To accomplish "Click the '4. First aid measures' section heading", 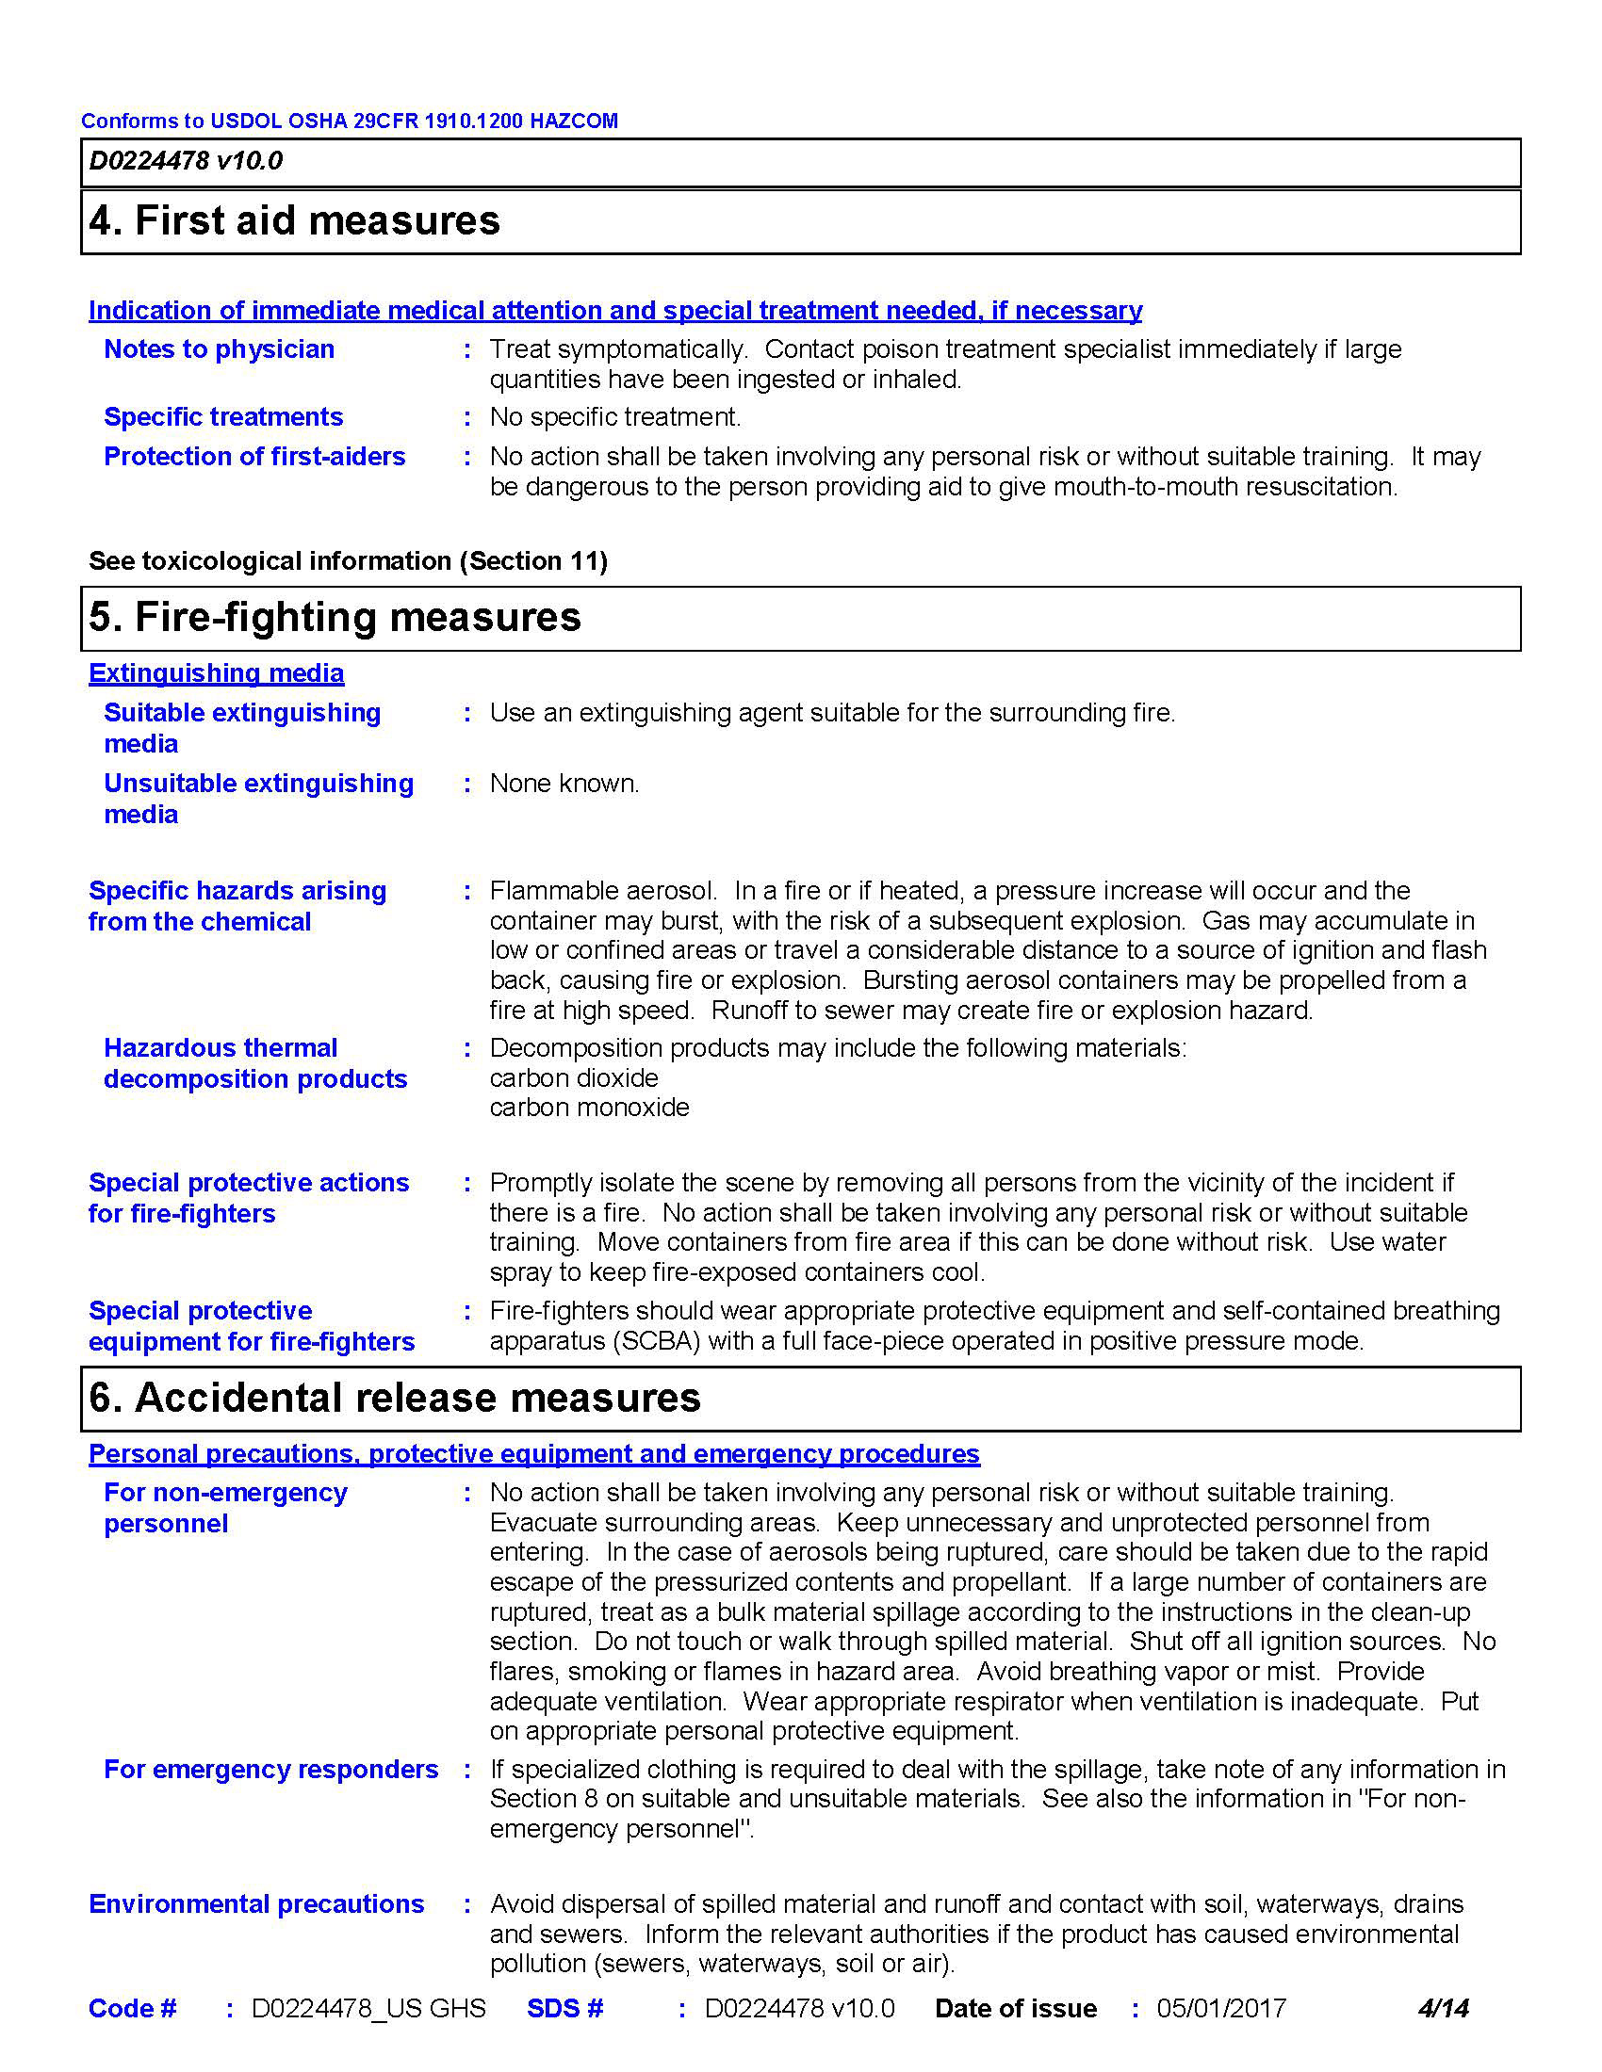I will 294,221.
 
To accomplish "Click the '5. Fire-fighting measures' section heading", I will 335,618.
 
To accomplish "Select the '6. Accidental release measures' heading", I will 394,1399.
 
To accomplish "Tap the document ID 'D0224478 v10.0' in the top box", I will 186,161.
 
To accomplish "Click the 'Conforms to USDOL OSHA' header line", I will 350,121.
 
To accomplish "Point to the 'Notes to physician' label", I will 220,349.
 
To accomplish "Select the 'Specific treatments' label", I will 223,417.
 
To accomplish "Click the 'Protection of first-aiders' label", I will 254,457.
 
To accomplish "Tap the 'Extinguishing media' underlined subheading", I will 217,673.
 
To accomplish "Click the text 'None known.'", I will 564,784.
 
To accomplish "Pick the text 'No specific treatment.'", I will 615,417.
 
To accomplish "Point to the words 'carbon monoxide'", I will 589,1109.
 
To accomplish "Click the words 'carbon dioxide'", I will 574,1078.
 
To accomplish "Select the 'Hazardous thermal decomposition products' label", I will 255,1063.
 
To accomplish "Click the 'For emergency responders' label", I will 271,1771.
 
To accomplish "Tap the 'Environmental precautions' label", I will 256,1905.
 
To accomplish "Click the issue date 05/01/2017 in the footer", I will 1220,2010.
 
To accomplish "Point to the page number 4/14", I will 1443,2010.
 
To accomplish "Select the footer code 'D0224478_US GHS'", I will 368,2010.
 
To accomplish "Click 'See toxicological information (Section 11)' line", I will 349,561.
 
